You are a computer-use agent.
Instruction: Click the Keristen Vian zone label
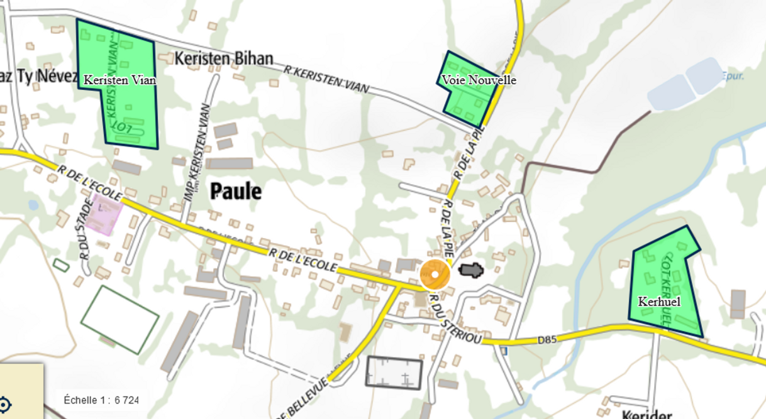pos(119,80)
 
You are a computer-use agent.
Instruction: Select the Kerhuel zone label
pos(658,302)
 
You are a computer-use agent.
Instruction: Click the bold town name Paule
pos(236,191)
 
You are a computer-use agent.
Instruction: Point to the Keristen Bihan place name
pos(224,59)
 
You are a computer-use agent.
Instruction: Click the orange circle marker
pos(435,275)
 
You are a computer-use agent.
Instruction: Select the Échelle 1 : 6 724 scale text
pos(101,400)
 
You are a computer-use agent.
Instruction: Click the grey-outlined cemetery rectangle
pos(394,373)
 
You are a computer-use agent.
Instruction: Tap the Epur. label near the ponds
pos(733,76)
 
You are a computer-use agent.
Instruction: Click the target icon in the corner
pos(5,403)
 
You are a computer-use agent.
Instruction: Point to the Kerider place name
pos(647,415)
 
